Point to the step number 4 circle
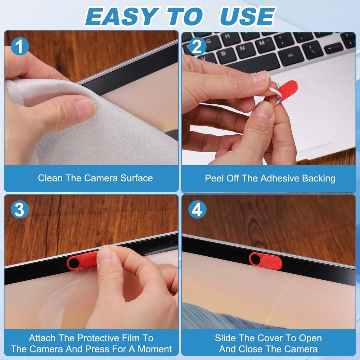(x=197, y=210)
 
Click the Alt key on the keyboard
(x=291, y=56)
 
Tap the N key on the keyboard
(x=242, y=47)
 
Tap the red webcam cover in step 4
(x=266, y=261)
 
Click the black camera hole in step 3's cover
(x=73, y=263)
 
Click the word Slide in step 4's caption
(x=226, y=338)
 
